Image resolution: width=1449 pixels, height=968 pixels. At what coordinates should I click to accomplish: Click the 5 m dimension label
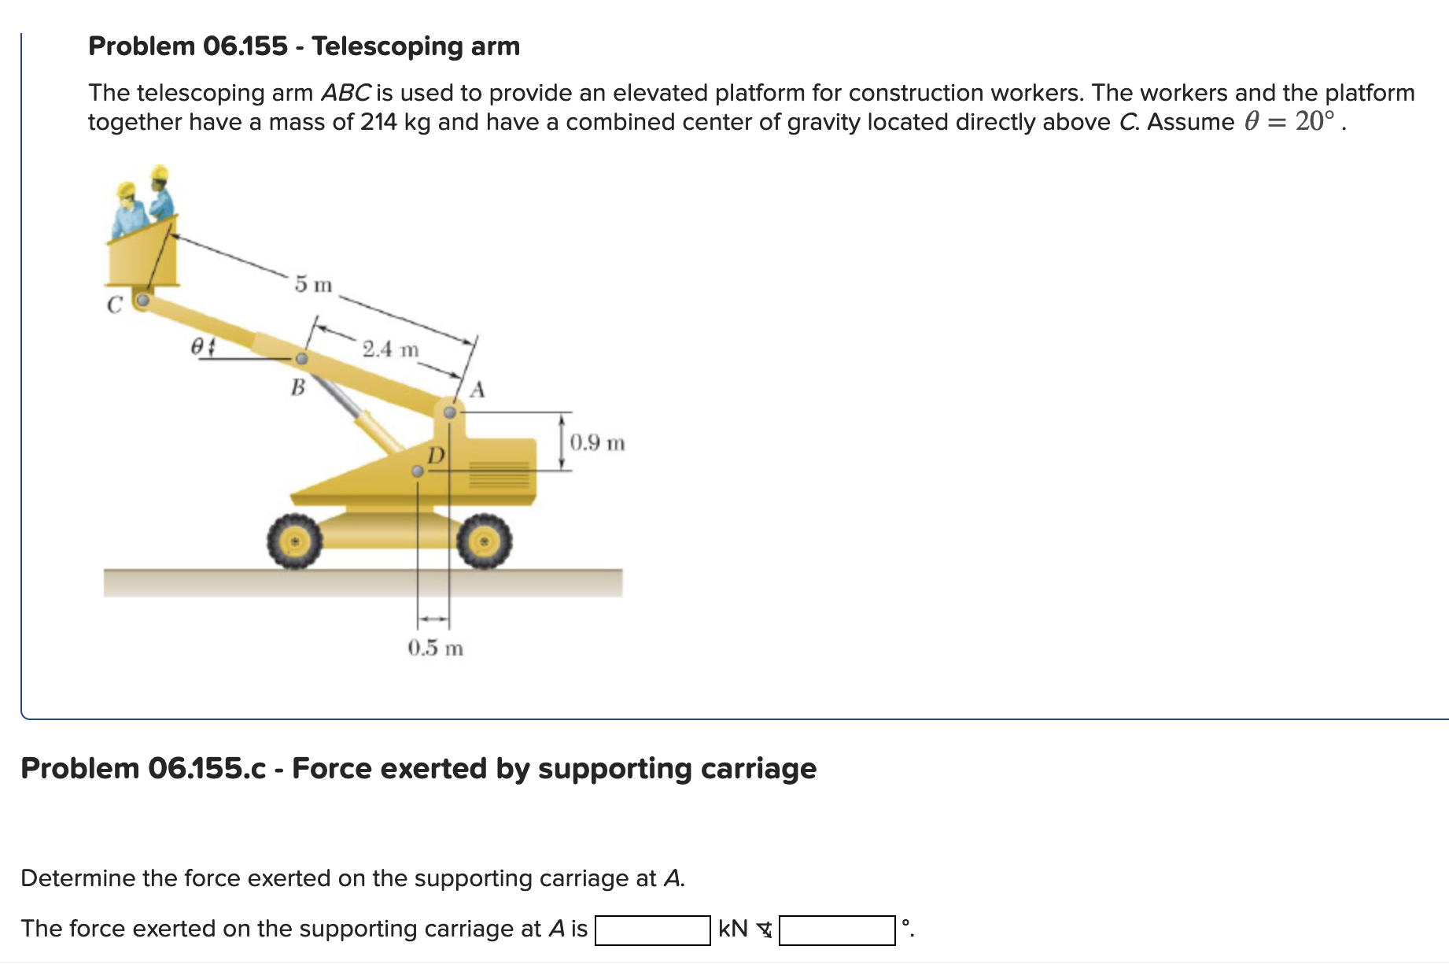coord(313,284)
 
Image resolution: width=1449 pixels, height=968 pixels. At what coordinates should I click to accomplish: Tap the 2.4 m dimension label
coord(390,349)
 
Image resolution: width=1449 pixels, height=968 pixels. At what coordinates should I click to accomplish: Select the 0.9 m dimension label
coord(597,442)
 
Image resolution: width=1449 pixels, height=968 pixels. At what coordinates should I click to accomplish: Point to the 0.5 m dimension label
coord(435,648)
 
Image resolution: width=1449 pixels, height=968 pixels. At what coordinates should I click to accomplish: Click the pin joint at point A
coord(450,412)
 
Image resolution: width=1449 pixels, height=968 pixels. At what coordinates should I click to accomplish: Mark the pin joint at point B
coord(301,359)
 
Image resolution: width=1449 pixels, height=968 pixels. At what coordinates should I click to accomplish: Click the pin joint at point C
coord(142,300)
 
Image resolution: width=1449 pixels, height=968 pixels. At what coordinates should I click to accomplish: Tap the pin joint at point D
coord(418,471)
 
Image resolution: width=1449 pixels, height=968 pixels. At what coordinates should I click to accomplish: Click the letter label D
coord(435,455)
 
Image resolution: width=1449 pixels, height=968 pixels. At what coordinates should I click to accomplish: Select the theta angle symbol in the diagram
coord(198,345)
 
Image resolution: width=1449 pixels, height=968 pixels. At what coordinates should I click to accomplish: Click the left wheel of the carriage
coord(294,541)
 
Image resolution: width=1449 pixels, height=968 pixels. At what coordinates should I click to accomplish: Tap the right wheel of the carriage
coord(485,541)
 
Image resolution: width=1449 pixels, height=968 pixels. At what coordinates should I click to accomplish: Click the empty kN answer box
coord(652,929)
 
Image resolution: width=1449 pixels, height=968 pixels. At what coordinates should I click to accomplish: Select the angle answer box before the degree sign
coord(836,929)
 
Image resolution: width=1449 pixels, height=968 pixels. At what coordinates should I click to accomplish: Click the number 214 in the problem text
coord(378,122)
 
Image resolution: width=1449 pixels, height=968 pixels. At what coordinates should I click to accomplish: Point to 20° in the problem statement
coord(1314,121)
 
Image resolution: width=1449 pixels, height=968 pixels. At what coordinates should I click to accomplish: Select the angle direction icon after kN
coord(764,930)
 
